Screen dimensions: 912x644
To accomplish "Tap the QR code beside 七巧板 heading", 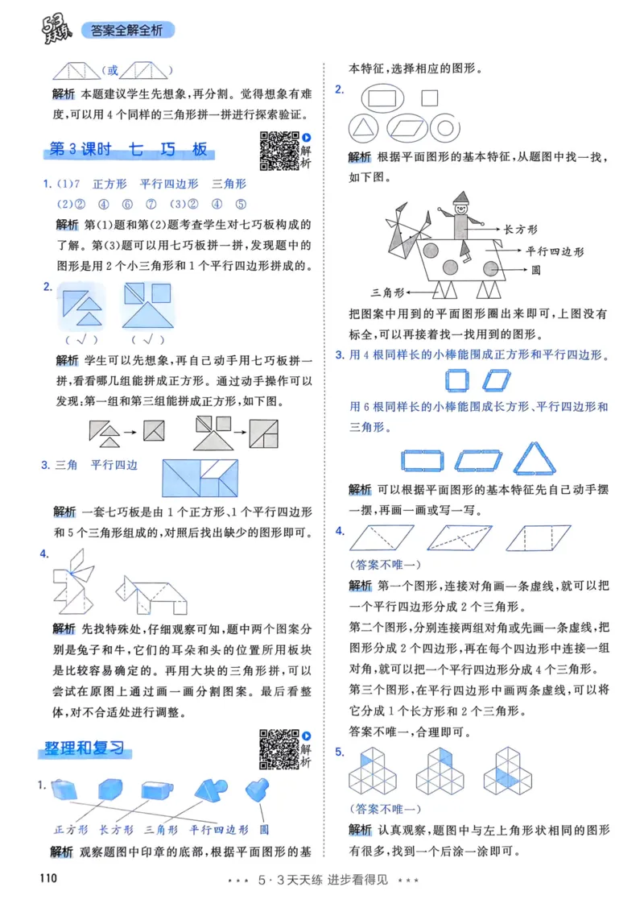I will pos(279,151).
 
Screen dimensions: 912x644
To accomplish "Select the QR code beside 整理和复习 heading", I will pos(279,748).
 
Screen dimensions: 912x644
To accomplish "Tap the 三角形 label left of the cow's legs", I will pos(386,292).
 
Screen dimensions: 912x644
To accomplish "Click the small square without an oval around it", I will pos(429,97).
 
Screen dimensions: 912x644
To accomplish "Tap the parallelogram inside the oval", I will pos(409,127).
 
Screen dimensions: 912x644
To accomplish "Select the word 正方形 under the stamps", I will pos(71,828).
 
